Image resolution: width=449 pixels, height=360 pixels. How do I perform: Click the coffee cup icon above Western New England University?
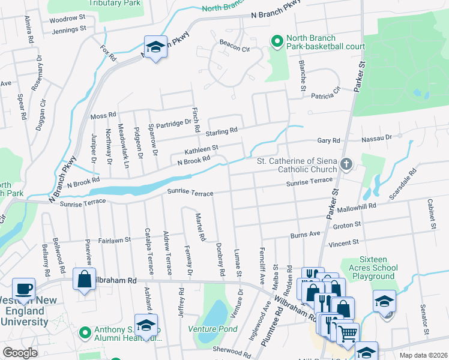coord(24,289)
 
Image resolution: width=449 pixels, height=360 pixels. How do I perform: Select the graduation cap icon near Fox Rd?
coord(155,47)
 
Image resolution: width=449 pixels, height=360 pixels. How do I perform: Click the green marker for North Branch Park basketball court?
coord(277,41)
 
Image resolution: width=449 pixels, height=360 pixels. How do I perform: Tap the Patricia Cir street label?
coord(325,91)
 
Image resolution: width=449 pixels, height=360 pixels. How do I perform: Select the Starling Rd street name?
coord(221,130)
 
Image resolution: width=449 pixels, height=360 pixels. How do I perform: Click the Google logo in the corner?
coord(20,352)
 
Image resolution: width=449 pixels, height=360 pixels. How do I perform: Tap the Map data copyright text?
coord(423,355)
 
